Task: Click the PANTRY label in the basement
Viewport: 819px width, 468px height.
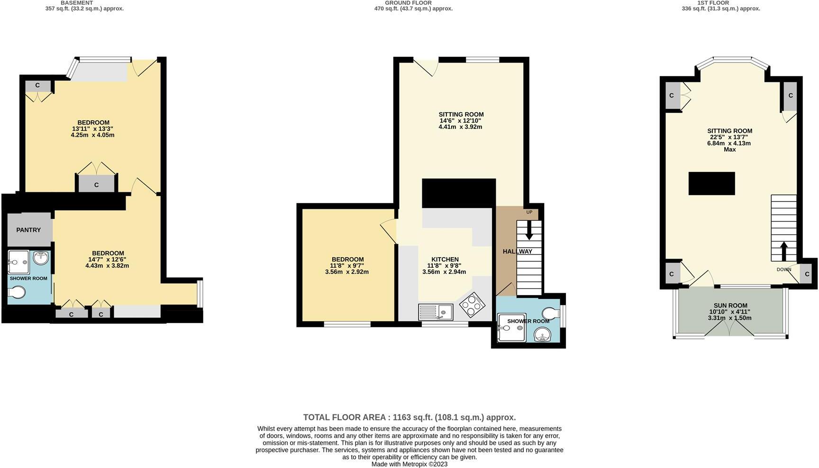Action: click(x=28, y=230)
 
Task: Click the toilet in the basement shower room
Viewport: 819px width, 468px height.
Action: click(x=17, y=292)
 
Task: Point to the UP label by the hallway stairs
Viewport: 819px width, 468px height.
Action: click(x=529, y=212)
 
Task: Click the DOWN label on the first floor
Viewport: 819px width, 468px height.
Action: click(x=784, y=270)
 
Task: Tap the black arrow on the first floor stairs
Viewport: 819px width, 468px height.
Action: click(x=783, y=252)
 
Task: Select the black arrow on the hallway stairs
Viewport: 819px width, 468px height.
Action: click(x=529, y=230)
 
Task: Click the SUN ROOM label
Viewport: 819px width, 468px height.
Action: click(x=730, y=306)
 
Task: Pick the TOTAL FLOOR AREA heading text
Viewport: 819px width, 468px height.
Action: click(x=409, y=417)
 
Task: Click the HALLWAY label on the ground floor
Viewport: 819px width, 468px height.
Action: click(x=518, y=252)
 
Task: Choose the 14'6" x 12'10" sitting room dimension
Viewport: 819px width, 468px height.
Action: click(x=461, y=121)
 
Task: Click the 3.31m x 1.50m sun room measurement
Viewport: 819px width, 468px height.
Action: click(x=730, y=318)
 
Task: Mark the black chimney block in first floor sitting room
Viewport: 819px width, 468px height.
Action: click(x=711, y=183)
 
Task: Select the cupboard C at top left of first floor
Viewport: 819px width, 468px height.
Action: click(x=671, y=96)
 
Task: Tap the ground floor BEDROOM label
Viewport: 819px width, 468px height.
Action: click(x=347, y=259)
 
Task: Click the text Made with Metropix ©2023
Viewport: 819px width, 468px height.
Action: click(x=409, y=464)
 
